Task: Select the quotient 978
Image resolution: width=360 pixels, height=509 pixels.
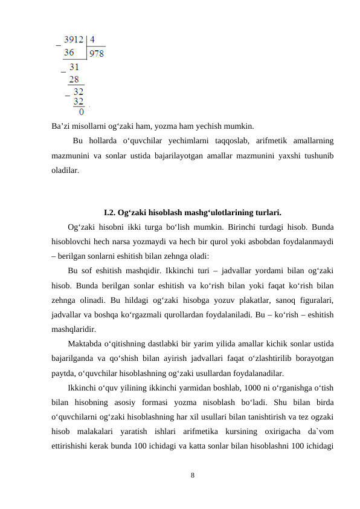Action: click(97, 54)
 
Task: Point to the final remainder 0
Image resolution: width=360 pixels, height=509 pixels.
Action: click(82, 111)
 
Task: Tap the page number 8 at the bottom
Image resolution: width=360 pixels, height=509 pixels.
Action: click(192, 475)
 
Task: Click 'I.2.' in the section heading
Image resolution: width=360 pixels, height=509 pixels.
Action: click(111, 213)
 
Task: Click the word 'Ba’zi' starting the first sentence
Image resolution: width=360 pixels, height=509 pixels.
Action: click(61, 127)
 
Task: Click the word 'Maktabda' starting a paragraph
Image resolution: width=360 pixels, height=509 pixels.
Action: click(86, 344)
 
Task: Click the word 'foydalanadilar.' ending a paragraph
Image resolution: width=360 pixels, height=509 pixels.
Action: click(252, 373)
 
